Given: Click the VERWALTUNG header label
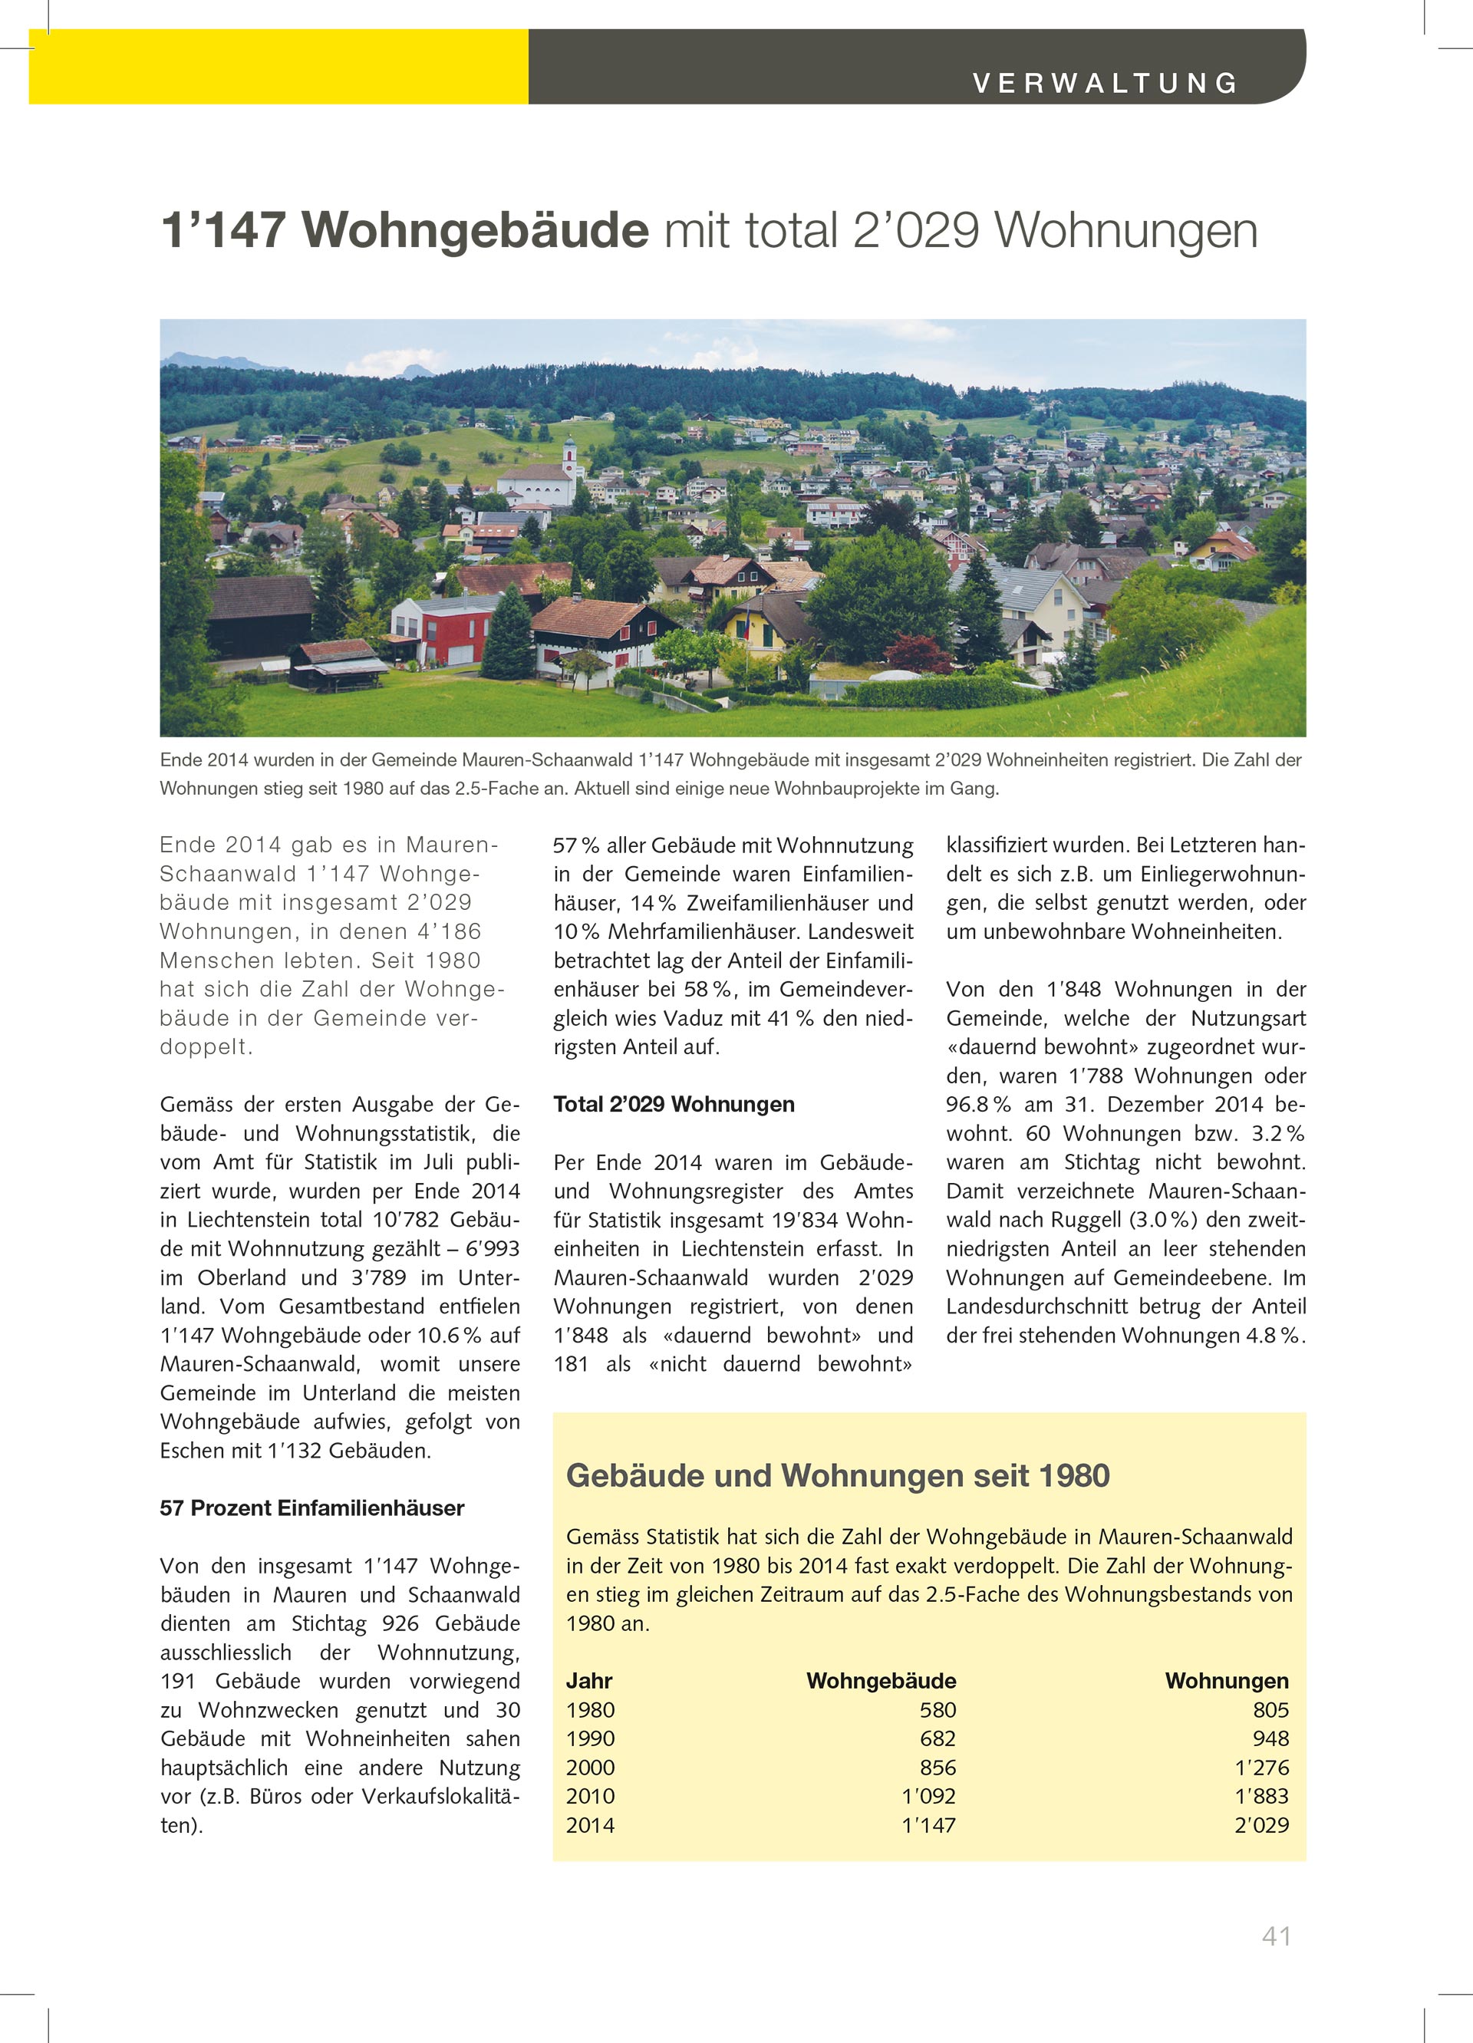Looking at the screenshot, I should pyautogui.click(x=1106, y=83).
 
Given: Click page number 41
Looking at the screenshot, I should pyautogui.click(x=1277, y=1936).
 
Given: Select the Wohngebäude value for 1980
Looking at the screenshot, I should pyautogui.click(x=938, y=1710).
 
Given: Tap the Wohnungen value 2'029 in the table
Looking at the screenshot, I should pyautogui.click(x=1261, y=1825).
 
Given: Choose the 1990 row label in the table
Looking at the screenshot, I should pyautogui.click(x=590, y=1738).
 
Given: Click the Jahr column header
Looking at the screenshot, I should pyautogui.click(x=589, y=1681).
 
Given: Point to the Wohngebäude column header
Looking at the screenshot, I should pyautogui.click(x=881, y=1681).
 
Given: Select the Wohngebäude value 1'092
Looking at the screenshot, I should pyautogui.click(x=929, y=1796).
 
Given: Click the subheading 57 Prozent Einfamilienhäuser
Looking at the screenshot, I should pyautogui.click(x=311, y=1508).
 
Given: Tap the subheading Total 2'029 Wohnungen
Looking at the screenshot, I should pyautogui.click(x=674, y=1105).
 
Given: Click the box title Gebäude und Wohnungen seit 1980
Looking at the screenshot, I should pyautogui.click(x=838, y=1475).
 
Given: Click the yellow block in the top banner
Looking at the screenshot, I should pyautogui.click(x=278, y=67).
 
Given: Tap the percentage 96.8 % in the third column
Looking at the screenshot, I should pyautogui.click(x=977, y=1105).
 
